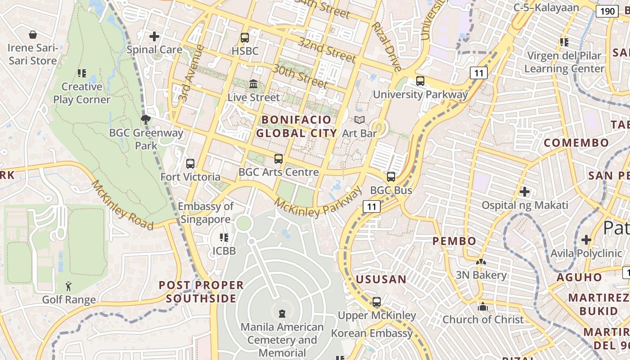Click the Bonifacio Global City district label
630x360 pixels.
[297, 126]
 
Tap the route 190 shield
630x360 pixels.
[607, 11]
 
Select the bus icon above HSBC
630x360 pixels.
[245, 38]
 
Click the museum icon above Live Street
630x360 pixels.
[253, 84]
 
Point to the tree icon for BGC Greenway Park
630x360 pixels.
[145, 119]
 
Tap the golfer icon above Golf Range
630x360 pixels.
[68, 286]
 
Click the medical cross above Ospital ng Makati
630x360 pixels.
[524, 192]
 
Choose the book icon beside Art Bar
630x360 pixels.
[359, 120]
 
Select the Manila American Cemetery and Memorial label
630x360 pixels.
[282, 340]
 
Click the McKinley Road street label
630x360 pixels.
[122, 205]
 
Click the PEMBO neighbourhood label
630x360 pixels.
[454, 241]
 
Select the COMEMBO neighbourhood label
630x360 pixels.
[576, 143]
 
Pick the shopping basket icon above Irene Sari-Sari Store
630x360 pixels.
[33, 35]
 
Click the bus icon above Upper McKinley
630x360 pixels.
[377, 302]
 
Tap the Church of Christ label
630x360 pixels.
[483, 319]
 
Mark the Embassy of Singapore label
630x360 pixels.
[206, 213]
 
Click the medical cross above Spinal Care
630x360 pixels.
[154, 36]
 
